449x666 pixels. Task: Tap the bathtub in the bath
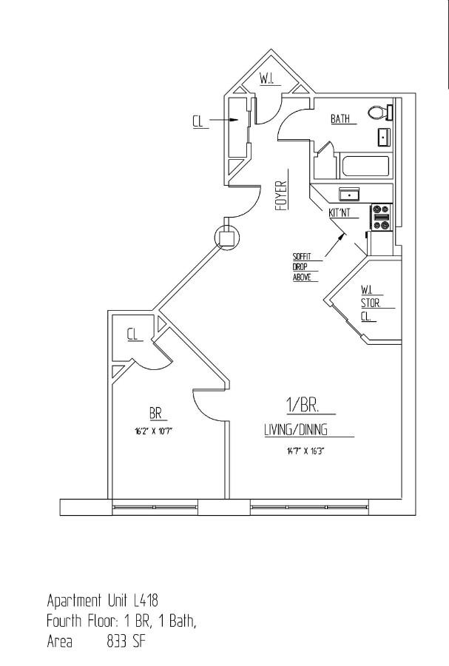coord(364,166)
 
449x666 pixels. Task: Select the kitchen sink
coord(349,194)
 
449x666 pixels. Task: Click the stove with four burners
coord(382,218)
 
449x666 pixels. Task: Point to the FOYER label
coord(281,197)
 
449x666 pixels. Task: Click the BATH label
coord(340,118)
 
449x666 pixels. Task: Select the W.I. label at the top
coord(267,79)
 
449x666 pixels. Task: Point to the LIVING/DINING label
coord(296,430)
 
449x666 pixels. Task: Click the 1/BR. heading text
coord(301,405)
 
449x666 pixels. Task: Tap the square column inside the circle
coord(227,238)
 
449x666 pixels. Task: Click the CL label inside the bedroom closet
coord(133,335)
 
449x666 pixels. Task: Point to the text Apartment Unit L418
coord(103,599)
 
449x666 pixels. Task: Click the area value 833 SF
coord(126,641)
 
